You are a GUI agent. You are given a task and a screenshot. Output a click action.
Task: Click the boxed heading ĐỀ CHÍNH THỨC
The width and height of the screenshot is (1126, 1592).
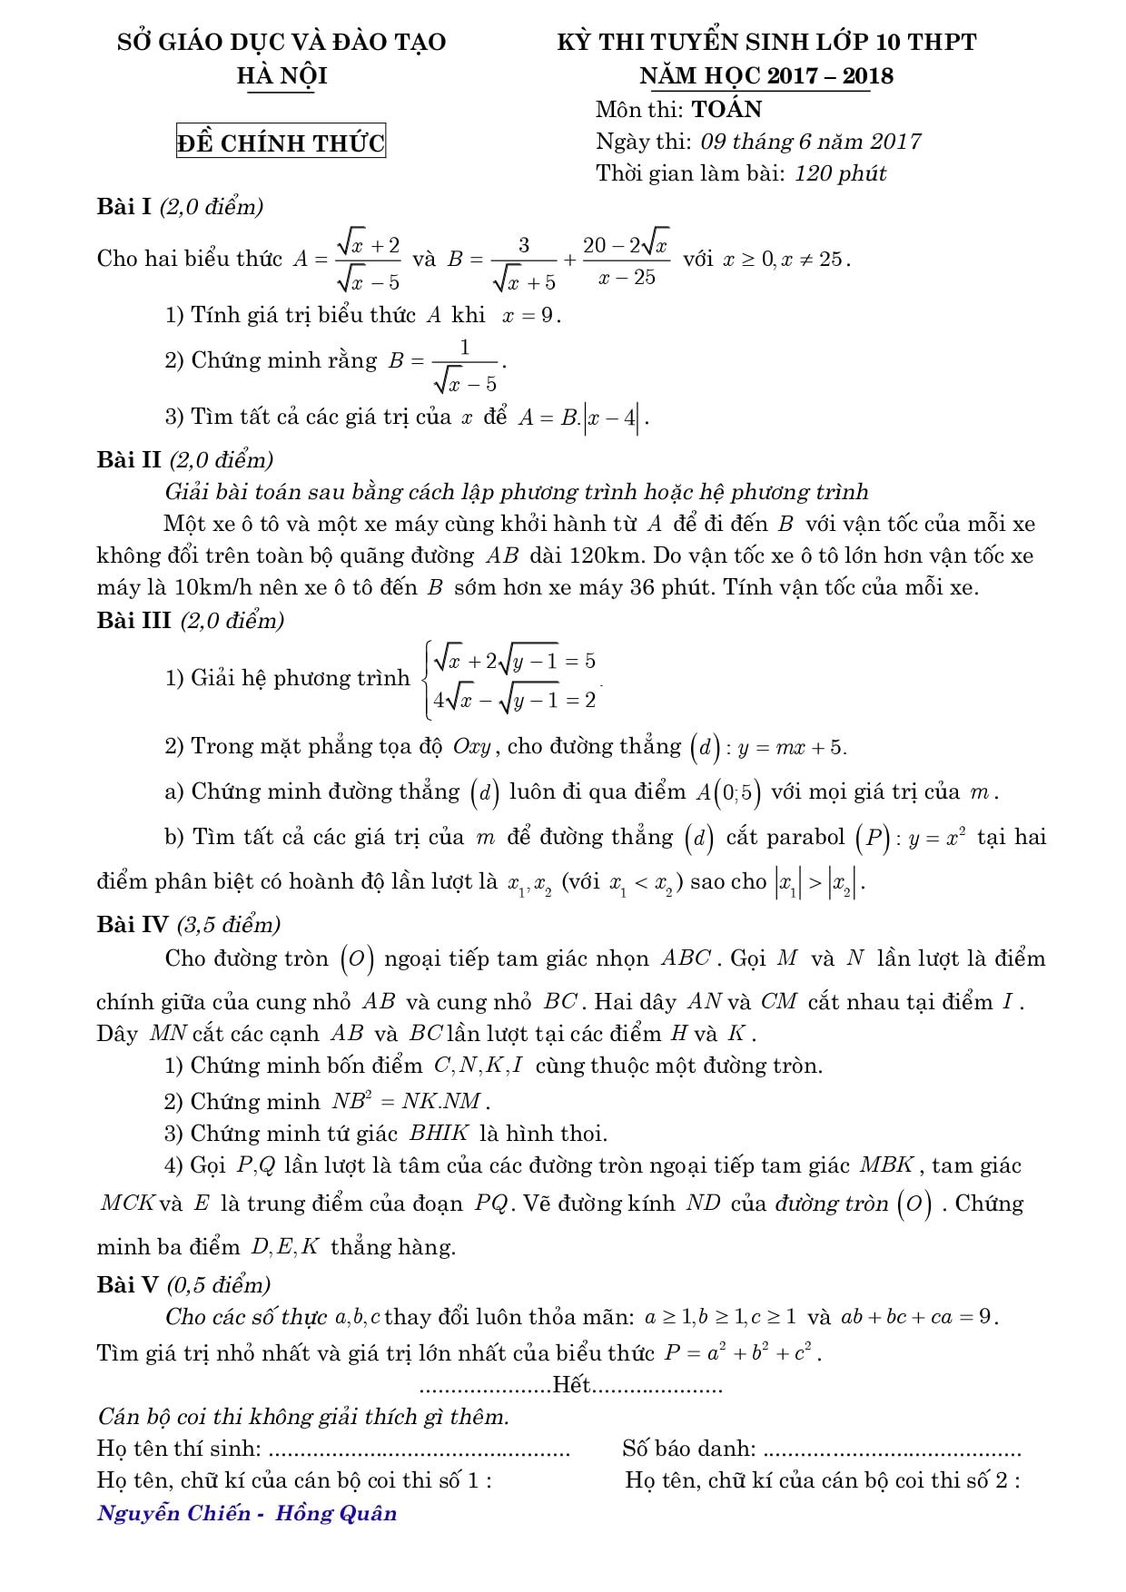[x=281, y=142]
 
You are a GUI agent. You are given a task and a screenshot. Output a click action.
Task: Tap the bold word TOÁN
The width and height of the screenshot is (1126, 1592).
[x=726, y=110]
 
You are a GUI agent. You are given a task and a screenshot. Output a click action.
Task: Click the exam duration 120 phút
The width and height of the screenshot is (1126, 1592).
[x=840, y=173]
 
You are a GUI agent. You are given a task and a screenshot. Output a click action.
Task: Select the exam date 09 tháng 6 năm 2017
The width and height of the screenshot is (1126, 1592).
[x=810, y=142]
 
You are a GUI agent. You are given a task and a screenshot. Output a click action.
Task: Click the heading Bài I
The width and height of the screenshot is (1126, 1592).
[x=124, y=207]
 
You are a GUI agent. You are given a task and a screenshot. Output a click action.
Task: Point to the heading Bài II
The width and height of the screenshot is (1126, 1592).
[x=129, y=460]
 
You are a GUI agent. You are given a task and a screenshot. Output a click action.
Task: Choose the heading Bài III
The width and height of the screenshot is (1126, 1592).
[x=134, y=621]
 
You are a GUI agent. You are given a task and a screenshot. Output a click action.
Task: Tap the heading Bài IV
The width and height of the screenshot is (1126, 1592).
[x=133, y=925]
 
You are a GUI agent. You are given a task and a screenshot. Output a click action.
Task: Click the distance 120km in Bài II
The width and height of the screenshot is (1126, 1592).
[x=574, y=555]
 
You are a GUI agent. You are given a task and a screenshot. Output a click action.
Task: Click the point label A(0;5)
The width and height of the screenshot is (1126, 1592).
[x=727, y=792]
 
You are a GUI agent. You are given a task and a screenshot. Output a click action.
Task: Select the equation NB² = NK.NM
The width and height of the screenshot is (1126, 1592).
[x=410, y=1102]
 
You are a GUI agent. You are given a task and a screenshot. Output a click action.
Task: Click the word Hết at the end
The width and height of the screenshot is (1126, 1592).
[x=571, y=1385]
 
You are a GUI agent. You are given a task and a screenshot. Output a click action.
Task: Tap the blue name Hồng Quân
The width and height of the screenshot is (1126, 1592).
[x=336, y=1513]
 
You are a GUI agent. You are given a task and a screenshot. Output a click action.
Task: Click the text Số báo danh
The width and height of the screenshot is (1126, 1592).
[x=688, y=1449]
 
